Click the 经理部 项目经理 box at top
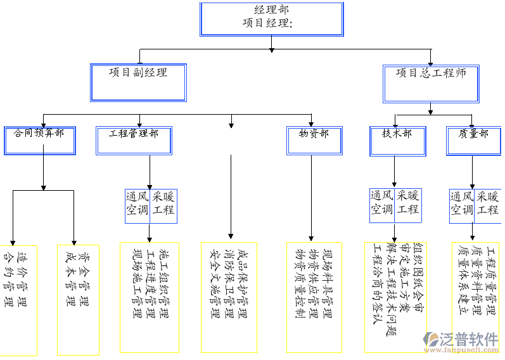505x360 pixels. (x=271, y=19)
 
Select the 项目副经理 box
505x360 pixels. (x=138, y=82)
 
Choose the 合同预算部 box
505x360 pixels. (x=39, y=141)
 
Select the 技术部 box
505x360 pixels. (x=397, y=141)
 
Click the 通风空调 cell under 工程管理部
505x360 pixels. (x=137, y=205)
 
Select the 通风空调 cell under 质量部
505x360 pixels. (x=461, y=205)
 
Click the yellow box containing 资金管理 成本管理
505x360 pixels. (x=78, y=299)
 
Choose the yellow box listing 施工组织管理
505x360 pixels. (x=150, y=297)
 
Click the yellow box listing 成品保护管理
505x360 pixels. (x=229, y=297)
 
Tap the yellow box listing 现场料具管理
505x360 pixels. (x=314, y=297)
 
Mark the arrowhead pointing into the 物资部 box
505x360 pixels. (x=311, y=123)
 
